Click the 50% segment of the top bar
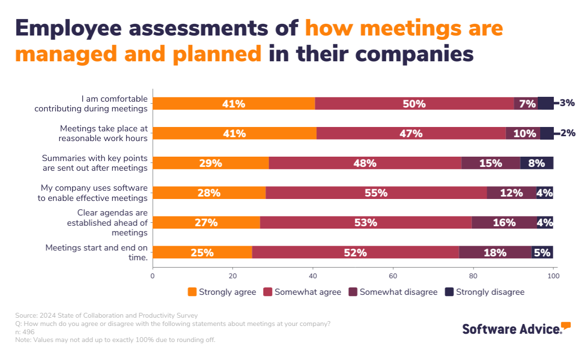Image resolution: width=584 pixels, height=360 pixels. click(414, 104)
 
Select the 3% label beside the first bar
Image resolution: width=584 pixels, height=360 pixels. click(567, 103)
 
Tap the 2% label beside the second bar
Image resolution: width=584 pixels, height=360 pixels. click(568, 133)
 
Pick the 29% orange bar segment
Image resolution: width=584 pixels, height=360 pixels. click(210, 163)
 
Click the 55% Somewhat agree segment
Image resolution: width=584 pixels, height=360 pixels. click(376, 193)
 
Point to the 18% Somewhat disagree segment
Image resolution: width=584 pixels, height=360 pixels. click(495, 252)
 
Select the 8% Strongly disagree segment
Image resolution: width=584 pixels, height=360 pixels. click(536, 163)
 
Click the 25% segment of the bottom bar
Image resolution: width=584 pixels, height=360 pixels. click(202, 252)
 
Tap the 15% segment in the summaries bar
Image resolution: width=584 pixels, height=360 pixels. click(490, 163)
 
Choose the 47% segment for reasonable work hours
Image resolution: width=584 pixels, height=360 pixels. click(411, 133)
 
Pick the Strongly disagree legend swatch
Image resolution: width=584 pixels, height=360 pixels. click(450, 292)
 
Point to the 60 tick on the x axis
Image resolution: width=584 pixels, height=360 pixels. click(393, 276)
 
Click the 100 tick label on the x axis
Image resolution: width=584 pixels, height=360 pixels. click(553, 276)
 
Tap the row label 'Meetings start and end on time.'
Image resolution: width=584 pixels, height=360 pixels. click(96, 252)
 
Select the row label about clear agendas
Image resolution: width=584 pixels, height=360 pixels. click(107, 223)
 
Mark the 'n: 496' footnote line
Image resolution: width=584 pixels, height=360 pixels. click(25, 332)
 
